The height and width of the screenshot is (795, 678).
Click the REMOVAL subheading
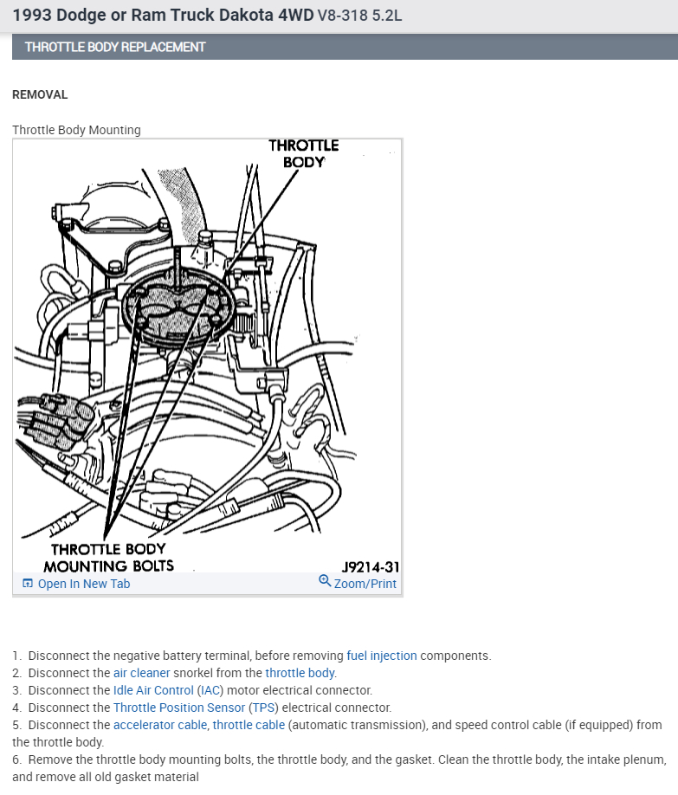point(40,94)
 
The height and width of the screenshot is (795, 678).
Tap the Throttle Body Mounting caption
point(76,130)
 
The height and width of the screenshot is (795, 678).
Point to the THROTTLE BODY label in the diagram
point(303,153)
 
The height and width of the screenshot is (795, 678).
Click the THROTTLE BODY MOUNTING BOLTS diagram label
point(108,558)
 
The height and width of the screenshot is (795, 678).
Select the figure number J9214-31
point(370,567)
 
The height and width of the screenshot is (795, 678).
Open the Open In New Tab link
point(83,584)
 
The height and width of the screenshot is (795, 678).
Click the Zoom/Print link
point(365,584)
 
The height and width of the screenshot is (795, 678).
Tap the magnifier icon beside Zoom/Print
point(325,582)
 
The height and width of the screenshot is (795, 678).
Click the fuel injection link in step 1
point(381,656)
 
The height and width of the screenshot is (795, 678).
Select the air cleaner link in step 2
point(141,673)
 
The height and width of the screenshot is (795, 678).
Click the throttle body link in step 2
point(300,673)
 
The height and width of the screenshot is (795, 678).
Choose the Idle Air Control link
point(153,690)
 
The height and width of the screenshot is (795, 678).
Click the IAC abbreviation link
point(210,690)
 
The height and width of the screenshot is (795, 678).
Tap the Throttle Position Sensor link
point(179,708)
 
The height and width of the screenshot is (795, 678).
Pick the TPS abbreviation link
point(263,708)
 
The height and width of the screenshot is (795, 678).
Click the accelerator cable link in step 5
point(160,725)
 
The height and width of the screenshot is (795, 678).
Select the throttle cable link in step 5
point(249,725)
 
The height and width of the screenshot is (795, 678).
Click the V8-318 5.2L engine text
point(359,16)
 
